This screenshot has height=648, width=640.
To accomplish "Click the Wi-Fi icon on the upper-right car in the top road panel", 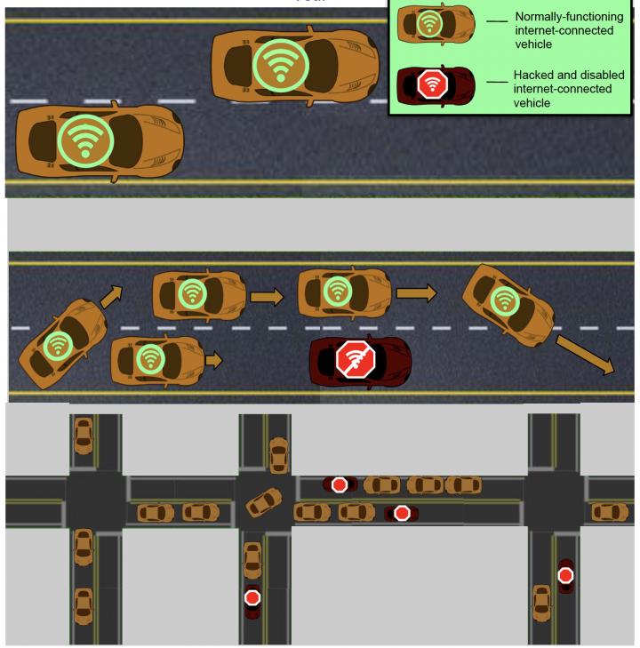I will pyautogui.click(x=281, y=65).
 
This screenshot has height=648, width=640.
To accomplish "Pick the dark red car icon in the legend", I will pyautogui.click(x=431, y=84).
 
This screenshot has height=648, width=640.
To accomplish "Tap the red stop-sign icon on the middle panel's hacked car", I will pyautogui.click(x=356, y=361).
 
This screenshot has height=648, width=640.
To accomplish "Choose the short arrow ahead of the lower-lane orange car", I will pyautogui.click(x=213, y=360).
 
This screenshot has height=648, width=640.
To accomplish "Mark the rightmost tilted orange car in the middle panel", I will pyautogui.click(x=508, y=302).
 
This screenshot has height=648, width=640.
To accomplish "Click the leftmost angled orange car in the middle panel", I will pyautogui.click(x=60, y=341).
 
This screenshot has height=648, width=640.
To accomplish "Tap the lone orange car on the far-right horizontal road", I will pyautogui.click(x=609, y=512).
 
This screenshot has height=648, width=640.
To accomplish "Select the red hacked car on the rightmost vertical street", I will pyautogui.click(x=565, y=576).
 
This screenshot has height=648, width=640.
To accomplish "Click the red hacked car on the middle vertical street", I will pyautogui.click(x=252, y=601).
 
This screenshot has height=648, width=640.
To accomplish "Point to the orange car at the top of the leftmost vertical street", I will pyautogui.click(x=83, y=435).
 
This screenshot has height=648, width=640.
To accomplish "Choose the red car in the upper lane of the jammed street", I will pyautogui.click(x=340, y=484).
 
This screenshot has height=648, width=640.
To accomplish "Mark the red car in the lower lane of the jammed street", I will pyautogui.click(x=402, y=512).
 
